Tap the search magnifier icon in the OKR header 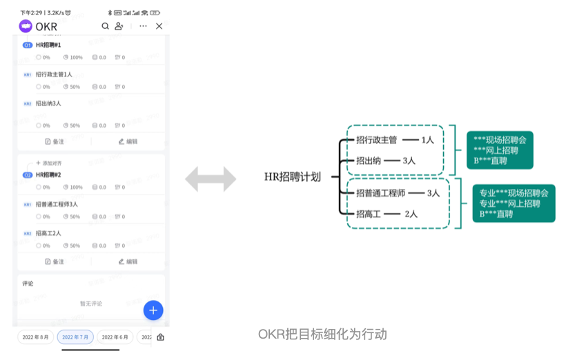point(106,26)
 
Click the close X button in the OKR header point(159,26)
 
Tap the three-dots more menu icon point(143,26)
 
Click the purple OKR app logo point(26,26)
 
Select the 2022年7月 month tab point(75,337)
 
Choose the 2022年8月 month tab point(36,337)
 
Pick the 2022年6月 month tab point(115,337)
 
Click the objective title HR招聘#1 point(48,45)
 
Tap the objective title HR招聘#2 point(48,175)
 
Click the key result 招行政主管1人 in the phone point(54,74)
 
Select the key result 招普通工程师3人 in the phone point(57,204)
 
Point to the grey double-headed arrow point(211,179)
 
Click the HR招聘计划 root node point(293,177)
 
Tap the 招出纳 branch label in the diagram point(368,161)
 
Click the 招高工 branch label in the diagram point(368,214)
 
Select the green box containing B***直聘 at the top point(500,150)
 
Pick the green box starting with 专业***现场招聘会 point(514,203)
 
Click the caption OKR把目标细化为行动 point(322,334)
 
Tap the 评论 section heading point(28,283)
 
